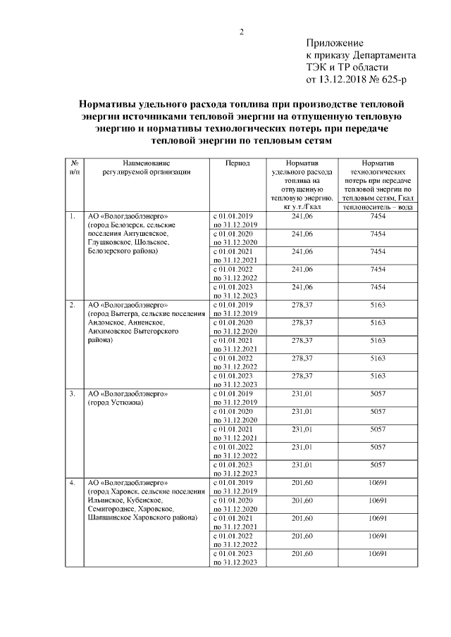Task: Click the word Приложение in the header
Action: pos(334,44)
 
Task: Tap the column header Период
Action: pos(237,163)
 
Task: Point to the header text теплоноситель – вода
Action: pos(378,207)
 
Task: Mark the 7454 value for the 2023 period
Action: pos(378,287)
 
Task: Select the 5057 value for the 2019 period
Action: pos(378,393)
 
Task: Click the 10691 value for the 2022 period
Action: pos(378,536)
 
